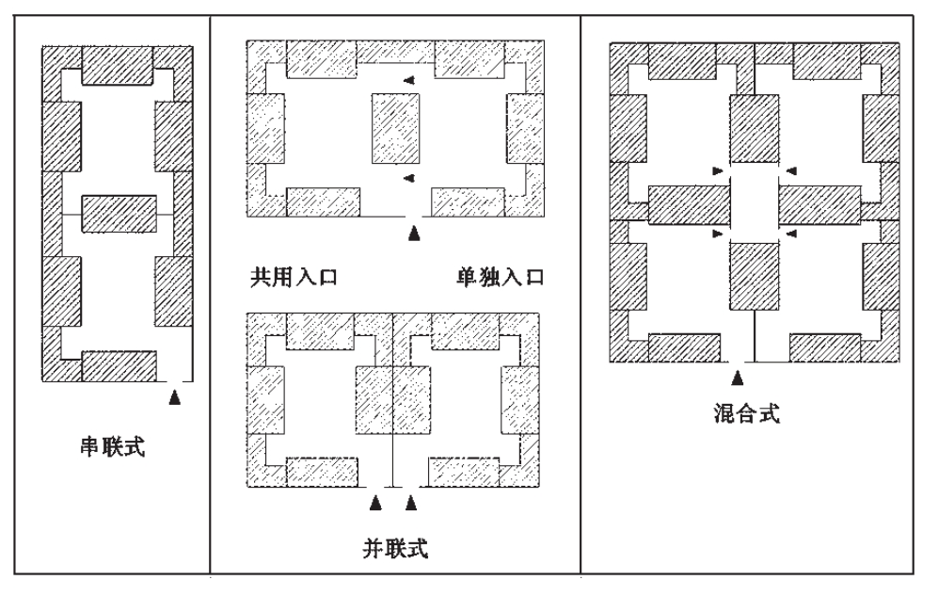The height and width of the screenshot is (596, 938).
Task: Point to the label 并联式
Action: pyautogui.click(x=393, y=546)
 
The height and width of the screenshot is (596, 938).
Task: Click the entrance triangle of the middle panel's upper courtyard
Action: pyautogui.click(x=411, y=232)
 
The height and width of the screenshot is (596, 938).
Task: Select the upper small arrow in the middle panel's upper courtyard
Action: pyautogui.click(x=407, y=81)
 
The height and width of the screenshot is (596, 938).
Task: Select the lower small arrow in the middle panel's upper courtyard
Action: pyautogui.click(x=407, y=177)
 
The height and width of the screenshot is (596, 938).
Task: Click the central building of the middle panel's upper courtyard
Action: pyautogui.click(x=396, y=129)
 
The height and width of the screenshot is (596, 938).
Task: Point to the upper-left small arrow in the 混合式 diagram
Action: pyautogui.click(x=718, y=170)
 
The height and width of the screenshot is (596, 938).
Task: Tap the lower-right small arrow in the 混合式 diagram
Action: pyautogui.click(x=791, y=232)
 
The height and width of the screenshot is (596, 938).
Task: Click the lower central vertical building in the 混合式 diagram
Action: pyautogui.click(x=754, y=278)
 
